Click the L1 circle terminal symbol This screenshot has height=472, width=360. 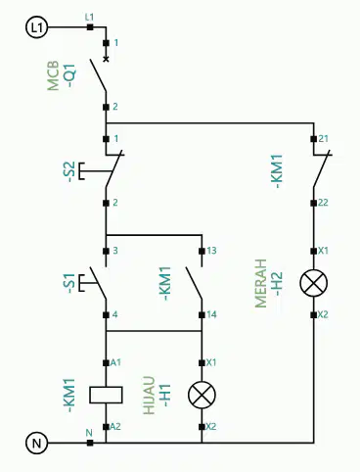coord(36,27)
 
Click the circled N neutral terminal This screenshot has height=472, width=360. coord(36,444)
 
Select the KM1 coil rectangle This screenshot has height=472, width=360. coord(106,395)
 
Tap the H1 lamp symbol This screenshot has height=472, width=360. coord(202,395)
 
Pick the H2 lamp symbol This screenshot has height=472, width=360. coord(314,283)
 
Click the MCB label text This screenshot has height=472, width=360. coord(53,75)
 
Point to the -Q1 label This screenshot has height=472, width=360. coord(70,76)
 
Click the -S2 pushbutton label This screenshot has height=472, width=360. coord(70,171)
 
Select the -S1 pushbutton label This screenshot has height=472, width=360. coord(70,283)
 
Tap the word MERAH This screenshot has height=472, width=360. coord(260,283)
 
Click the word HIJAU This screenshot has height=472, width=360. coord(149,395)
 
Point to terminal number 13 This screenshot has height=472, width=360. coord(211,251)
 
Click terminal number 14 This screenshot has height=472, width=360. coord(211,314)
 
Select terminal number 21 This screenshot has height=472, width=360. coord(323,139)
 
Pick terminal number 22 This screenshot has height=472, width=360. coord(323,203)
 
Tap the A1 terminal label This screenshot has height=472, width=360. coord(115,362)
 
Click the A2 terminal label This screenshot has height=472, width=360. coord(115,427)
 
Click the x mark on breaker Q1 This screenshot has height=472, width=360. coord(106,59)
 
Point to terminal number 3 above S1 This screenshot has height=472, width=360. coord(115,251)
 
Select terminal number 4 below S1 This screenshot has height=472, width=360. coord(115,314)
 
